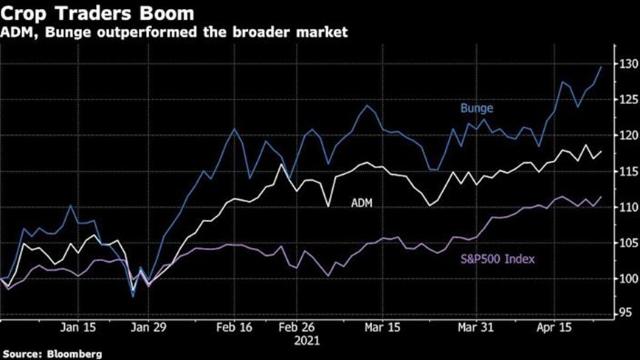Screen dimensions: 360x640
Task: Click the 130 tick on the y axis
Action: (627, 65)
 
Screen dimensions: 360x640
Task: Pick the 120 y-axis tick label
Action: (627, 136)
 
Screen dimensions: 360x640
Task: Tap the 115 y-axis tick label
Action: (627, 172)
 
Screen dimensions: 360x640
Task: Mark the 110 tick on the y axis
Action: (627, 207)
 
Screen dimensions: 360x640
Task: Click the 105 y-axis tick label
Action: (627, 243)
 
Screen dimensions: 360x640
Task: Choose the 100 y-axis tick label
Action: (627, 279)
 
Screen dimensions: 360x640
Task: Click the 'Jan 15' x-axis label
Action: (80, 328)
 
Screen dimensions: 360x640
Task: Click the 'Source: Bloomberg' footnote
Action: (51, 353)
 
